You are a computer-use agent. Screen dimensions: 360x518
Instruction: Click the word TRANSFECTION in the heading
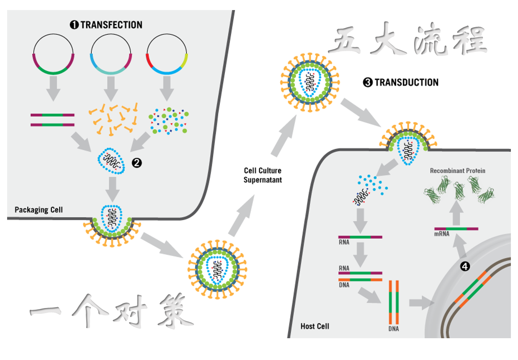pyautogui.click(x=111, y=25)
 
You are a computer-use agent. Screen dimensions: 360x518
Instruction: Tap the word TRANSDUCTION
pyautogui.click(x=406, y=82)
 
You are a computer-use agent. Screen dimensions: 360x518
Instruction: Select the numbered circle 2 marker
pyautogui.click(x=137, y=163)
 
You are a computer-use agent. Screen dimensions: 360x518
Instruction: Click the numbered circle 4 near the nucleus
pyautogui.click(x=465, y=265)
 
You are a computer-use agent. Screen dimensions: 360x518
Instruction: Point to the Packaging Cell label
pyautogui.click(x=39, y=210)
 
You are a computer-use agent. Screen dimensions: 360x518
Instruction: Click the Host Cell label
pyautogui.click(x=315, y=326)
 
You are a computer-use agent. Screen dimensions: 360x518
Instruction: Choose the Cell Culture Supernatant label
pyautogui.click(x=263, y=175)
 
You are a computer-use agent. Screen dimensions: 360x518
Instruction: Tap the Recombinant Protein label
pyautogui.click(x=458, y=171)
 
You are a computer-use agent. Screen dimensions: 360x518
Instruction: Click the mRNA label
pyautogui.click(x=442, y=234)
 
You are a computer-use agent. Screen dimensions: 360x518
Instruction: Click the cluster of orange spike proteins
pyautogui.click(x=113, y=120)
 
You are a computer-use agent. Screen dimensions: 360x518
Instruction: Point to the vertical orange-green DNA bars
pyautogui.click(x=394, y=302)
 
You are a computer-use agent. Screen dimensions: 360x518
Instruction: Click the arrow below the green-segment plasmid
pyautogui.click(x=53, y=89)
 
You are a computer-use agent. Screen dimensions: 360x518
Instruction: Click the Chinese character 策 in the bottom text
pyautogui.click(x=176, y=311)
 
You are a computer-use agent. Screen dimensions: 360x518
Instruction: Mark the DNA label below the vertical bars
pyautogui.click(x=394, y=329)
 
